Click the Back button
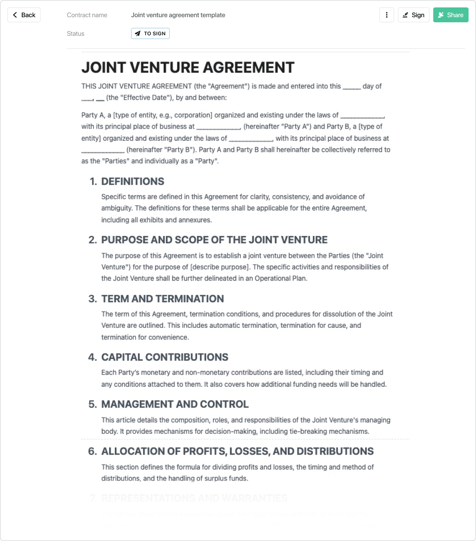(24, 15)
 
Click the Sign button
(413, 15)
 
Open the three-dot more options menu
(387, 15)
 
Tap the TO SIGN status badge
(150, 33)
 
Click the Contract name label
(87, 15)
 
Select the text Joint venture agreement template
(178, 15)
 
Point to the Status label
(76, 33)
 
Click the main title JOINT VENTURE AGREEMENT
(188, 67)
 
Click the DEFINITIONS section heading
(132, 181)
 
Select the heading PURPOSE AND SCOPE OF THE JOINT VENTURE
(214, 240)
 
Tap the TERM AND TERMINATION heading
(163, 299)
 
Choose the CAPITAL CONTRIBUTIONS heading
(165, 357)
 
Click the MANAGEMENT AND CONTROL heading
(175, 404)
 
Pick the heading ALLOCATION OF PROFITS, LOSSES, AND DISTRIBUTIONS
(237, 451)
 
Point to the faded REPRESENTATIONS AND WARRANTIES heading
(194, 498)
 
